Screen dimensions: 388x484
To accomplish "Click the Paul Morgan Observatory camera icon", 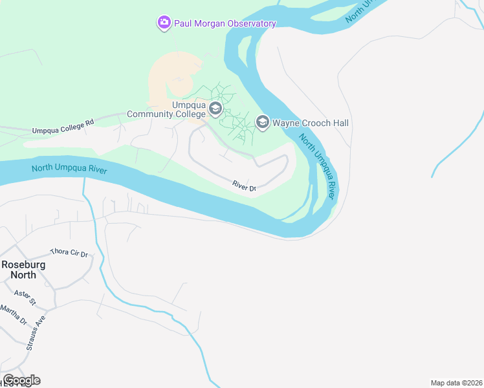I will tap(164, 23).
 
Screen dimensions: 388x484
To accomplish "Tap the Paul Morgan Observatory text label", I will tap(225, 23).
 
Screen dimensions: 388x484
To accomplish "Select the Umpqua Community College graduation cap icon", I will tap(216, 108).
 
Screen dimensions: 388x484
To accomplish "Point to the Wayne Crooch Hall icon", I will tap(262, 122).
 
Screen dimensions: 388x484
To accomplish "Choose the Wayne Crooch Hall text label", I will tap(311, 123).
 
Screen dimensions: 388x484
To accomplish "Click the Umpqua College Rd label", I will tap(63, 126).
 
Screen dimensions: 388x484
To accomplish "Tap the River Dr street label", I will tap(244, 186).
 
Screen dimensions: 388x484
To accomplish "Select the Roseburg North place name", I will tap(18, 269).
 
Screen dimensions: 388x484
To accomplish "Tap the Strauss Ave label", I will tap(37, 333).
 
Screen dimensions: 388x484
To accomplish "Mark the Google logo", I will tap(21, 380).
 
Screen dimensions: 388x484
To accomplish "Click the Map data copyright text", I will tap(456, 383).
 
